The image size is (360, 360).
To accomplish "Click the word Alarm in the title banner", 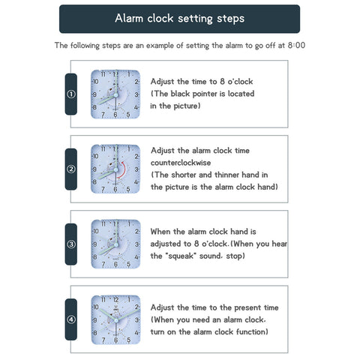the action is (129, 18).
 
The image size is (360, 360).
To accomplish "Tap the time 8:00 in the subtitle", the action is (296, 45).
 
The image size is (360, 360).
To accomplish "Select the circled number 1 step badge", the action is (71, 94).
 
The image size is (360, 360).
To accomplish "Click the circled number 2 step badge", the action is (71, 169).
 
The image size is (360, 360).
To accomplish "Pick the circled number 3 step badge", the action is (71, 244).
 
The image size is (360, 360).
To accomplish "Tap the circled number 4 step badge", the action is (71, 319).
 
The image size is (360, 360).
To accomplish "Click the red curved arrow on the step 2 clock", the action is (124, 169).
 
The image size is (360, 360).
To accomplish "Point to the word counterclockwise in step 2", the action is (181, 163).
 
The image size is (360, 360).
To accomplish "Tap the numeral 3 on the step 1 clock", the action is (136, 94).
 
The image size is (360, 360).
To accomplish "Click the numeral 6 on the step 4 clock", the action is (115, 340).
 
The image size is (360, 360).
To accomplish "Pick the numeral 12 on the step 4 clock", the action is (116, 300).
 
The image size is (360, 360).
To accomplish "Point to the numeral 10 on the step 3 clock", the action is (95, 231).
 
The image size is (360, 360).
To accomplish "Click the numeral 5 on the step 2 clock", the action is (128, 189).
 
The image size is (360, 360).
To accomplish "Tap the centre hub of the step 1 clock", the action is (116, 95).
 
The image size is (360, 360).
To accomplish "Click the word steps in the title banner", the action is (231, 19).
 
